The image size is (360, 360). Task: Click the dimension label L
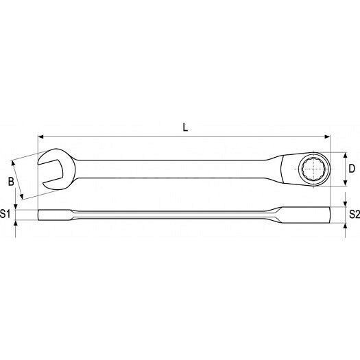click(185, 127)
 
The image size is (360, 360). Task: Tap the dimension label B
click(11, 182)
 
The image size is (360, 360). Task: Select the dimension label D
click(352, 169)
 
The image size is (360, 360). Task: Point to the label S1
click(5, 214)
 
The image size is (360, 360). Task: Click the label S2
click(355, 214)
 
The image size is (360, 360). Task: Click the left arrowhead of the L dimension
click(40, 137)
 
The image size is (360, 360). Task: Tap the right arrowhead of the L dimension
click(326, 137)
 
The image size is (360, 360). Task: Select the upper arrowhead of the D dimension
click(345, 155)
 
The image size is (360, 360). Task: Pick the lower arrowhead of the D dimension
click(345, 183)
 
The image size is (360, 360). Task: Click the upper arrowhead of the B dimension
click(13, 163)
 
